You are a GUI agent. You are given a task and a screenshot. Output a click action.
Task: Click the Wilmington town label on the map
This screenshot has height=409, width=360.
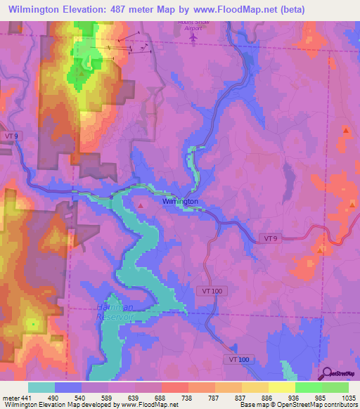click(180, 202)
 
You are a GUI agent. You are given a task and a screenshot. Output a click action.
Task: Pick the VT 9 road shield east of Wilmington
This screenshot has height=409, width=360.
click(271, 239)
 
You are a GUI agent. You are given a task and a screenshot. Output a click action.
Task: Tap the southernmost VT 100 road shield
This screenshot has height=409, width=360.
click(239, 359)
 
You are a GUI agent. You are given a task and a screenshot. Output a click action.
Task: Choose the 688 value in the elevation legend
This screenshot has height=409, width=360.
click(161, 397)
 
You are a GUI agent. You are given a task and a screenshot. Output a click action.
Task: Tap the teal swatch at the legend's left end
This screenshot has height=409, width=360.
click(41, 387)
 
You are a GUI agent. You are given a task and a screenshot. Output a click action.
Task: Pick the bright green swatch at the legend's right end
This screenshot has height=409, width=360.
click(335, 387)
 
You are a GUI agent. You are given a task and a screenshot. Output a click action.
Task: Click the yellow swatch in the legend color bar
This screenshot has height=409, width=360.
click(282, 387)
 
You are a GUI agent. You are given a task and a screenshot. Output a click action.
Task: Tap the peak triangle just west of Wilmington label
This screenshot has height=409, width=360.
click(141, 205)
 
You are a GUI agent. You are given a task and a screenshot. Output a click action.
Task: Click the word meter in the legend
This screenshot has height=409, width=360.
click(11, 397)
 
